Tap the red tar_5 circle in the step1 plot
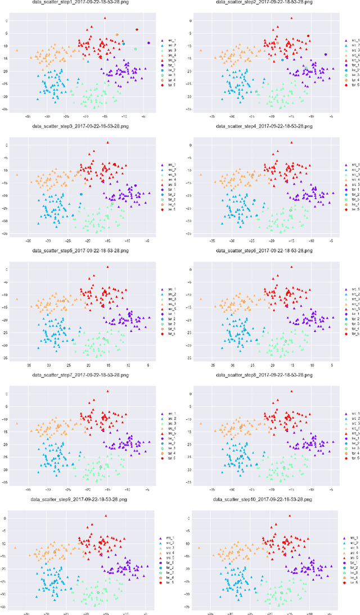137,29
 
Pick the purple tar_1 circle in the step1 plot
148,43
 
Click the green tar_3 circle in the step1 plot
136,49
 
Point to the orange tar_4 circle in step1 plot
117,34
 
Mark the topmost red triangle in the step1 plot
105,18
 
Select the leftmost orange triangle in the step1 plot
17,51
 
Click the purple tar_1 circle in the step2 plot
326,55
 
